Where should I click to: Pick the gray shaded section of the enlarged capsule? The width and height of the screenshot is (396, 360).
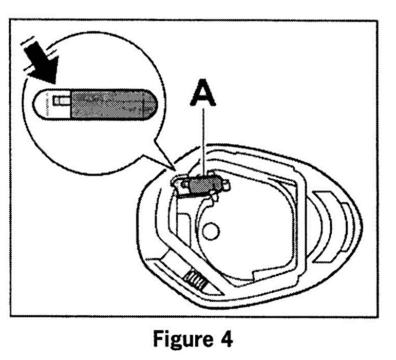pos(111,105)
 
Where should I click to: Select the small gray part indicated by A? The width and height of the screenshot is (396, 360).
pos(203,183)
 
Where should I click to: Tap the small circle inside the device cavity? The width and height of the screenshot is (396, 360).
pos(210,233)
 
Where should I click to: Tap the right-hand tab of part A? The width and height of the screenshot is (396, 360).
pos(224,182)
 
